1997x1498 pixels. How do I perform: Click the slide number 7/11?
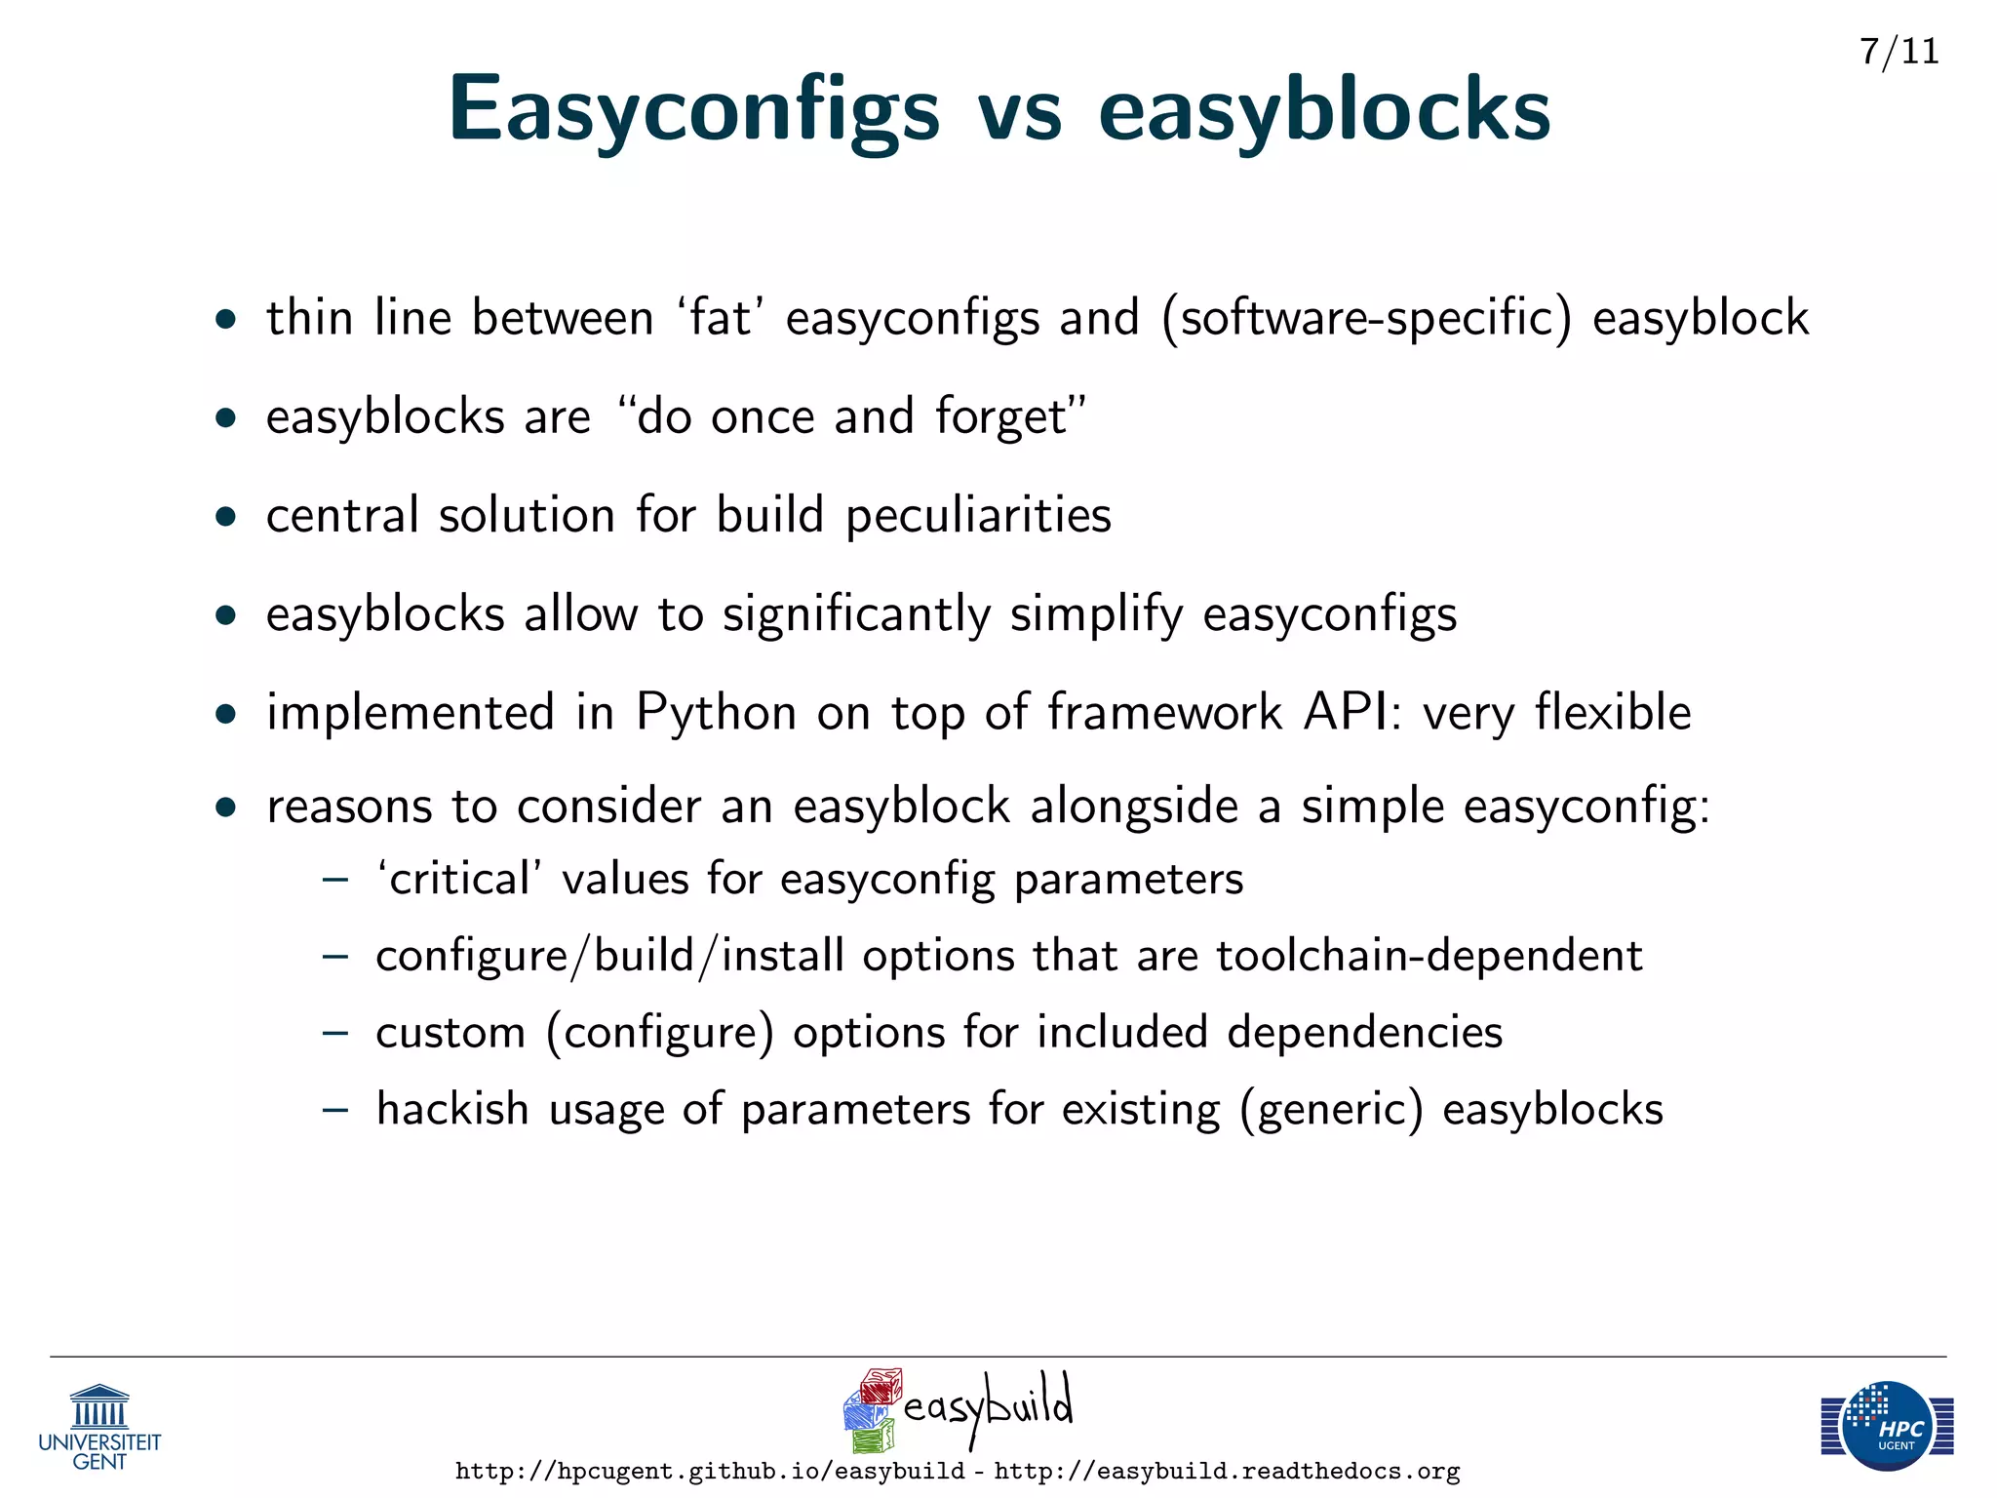[1899, 52]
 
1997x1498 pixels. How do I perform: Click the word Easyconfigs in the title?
[693, 110]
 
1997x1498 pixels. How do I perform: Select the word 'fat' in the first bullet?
[720, 318]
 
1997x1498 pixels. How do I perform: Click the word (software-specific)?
[1366, 319]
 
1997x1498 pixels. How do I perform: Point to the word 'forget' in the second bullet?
[1009, 417]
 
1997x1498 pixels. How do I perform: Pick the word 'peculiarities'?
[978, 516]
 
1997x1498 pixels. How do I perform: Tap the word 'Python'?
[717, 713]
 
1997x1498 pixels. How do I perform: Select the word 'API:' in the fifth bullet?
[1353, 711]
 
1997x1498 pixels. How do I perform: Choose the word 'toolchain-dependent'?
[1429, 956]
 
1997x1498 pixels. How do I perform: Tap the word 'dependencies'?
[1365, 1032]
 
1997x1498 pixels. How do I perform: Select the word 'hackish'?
[452, 1109]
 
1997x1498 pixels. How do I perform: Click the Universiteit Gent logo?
[99, 1427]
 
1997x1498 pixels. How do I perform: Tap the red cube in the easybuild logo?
[881, 1386]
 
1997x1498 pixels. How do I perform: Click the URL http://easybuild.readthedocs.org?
[1227, 1471]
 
